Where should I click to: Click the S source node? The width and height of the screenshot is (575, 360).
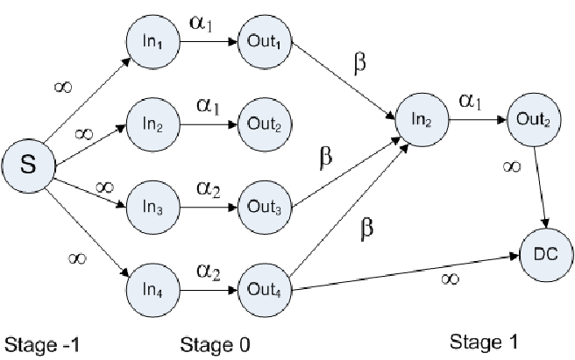[x=29, y=166]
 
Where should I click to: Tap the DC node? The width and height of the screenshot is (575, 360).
[x=546, y=255]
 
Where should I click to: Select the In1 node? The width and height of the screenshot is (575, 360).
[x=153, y=42]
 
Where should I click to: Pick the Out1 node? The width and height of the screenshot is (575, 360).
[x=265, y=42]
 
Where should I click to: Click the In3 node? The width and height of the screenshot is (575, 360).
[x=153, y=208]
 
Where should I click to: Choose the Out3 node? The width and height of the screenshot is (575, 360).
[x=265, y=208]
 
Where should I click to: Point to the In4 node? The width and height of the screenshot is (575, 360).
[x=153, y=290]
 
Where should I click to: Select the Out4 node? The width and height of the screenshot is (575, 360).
[x=265, y=290]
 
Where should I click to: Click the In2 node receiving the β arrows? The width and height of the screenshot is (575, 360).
[x=422, y=120]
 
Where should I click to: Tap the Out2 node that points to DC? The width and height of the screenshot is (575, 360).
[x=534, y=120]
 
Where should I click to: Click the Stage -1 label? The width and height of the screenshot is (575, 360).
[x=42, y=345]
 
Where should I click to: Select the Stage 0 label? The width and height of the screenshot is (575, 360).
[x=216, y=345]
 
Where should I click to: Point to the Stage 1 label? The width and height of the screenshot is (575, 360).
[x=484, y=342]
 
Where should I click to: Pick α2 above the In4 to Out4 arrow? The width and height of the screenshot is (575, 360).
[x=209, y=272]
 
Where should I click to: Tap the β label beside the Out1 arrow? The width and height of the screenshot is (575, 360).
[x=360, y=63]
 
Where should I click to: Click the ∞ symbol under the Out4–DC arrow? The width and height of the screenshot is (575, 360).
[x=451, y=279]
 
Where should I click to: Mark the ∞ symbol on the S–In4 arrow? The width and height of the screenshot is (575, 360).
[x=77, y=258]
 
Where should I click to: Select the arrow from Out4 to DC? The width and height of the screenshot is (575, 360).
[x=406, y=272]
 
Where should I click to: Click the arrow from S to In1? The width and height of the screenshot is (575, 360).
[x=88, y=100]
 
